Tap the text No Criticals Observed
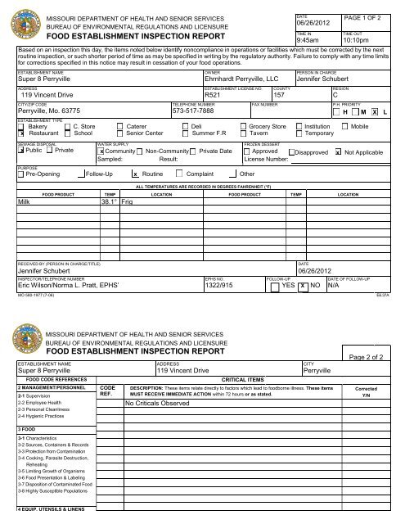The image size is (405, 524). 157,404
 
